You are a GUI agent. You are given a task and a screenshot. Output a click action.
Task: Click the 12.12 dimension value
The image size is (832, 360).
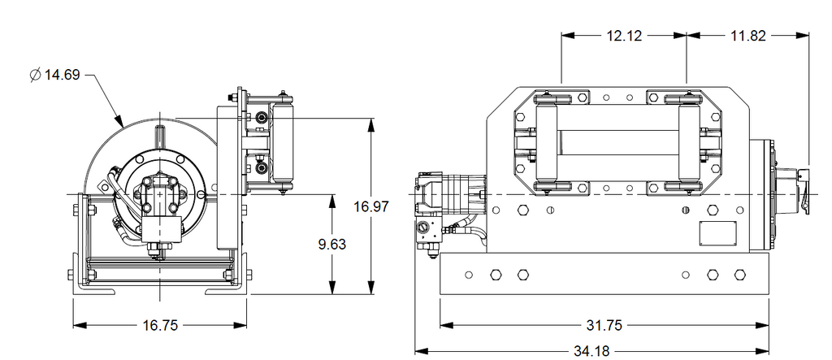coord(624,36)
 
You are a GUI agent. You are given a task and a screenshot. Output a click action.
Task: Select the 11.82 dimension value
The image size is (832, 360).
coord(748,36)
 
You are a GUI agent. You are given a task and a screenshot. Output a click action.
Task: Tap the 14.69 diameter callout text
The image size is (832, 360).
coord(62,75)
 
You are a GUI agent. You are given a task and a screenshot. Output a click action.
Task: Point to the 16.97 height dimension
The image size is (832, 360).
coord(371,206)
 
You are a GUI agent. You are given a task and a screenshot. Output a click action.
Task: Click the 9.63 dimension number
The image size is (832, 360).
coord(332,245)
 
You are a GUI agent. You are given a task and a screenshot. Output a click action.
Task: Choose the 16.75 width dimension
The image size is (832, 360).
coord(160,325)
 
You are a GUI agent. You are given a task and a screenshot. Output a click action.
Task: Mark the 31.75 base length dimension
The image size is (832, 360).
coord(604,325)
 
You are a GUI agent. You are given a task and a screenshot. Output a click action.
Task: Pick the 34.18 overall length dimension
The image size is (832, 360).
coord(591,351)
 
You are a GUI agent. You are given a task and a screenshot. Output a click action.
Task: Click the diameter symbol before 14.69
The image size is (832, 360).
coord(35,75)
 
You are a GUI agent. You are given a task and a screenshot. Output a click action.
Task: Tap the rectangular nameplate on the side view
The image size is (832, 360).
coord(718,233)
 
